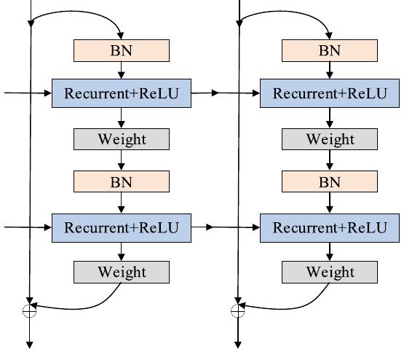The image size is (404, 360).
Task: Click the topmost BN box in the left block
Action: (122, 50)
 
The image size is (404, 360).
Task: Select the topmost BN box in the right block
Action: (330, 50)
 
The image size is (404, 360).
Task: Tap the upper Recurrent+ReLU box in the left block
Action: (122, 94)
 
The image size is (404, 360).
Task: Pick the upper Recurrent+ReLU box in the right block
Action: (330, 94)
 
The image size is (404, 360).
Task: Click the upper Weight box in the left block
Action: (122, 139)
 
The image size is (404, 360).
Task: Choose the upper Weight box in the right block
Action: (330, 139)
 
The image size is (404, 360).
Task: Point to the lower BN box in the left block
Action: (122, 181)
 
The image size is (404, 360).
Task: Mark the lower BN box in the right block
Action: (330, 181)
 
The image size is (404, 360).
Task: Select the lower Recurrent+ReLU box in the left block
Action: (122, 227)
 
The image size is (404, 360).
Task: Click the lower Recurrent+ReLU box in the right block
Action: (330, 227)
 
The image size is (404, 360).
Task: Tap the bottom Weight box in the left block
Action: (122, 272)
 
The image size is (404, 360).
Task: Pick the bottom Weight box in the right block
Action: (330, 272)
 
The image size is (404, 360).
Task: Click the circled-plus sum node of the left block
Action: (30, 311)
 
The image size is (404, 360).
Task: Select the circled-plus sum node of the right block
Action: (237, 311)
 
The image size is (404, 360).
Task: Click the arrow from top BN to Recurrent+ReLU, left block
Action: (122, 70)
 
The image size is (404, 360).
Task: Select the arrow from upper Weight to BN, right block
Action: (330, 160)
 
